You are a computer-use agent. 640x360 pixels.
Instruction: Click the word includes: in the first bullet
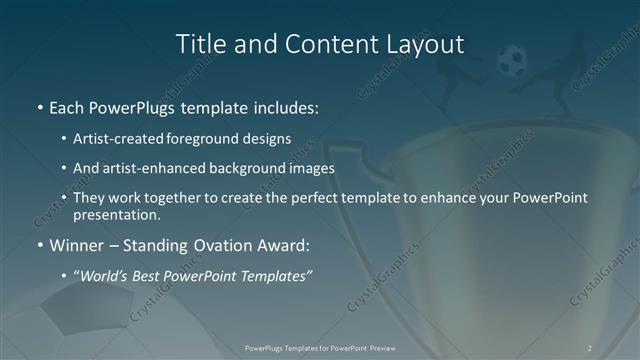pyautogui.click(x=283, y=107)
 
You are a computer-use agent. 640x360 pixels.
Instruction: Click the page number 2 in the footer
pyautogui.click(x=590, y=348)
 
